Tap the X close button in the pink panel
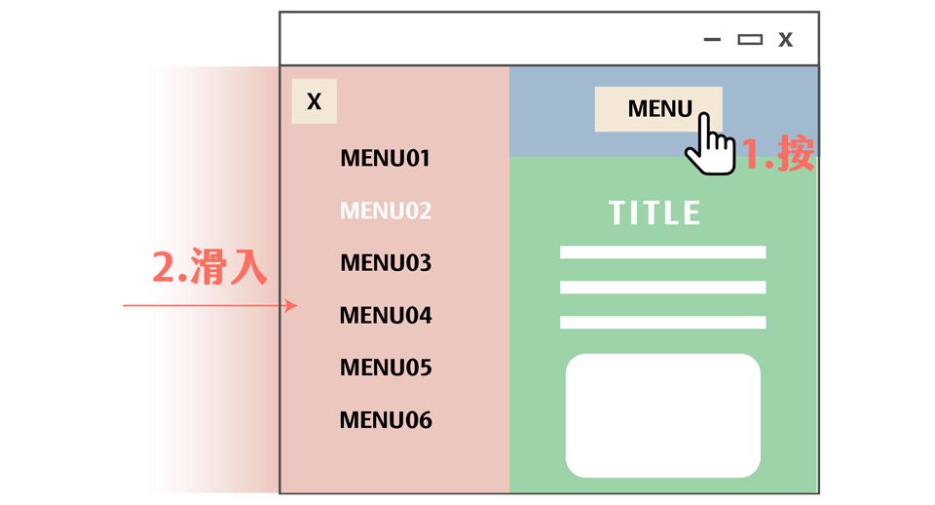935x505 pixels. point(314,101)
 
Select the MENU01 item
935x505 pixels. point(385,158)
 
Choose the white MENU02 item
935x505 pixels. point(385,211)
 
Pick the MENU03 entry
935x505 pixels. point(385,263)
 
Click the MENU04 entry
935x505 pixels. point(385,316)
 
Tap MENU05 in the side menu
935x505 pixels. point(385,369)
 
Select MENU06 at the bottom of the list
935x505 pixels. point(385,421)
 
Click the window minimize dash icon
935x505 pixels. point(712,40)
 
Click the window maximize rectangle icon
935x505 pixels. point(749,40)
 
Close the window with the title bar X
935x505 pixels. point(785,40)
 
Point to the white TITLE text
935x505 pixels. point(654,214)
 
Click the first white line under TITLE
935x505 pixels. point(662,252)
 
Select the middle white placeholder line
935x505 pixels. point(662,288)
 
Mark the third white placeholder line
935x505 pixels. point(662,323)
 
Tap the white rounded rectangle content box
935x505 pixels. point(662,415)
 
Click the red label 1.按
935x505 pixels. point(778,154)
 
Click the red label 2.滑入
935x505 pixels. point(209,267)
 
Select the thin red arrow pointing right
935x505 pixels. point(209,306)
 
